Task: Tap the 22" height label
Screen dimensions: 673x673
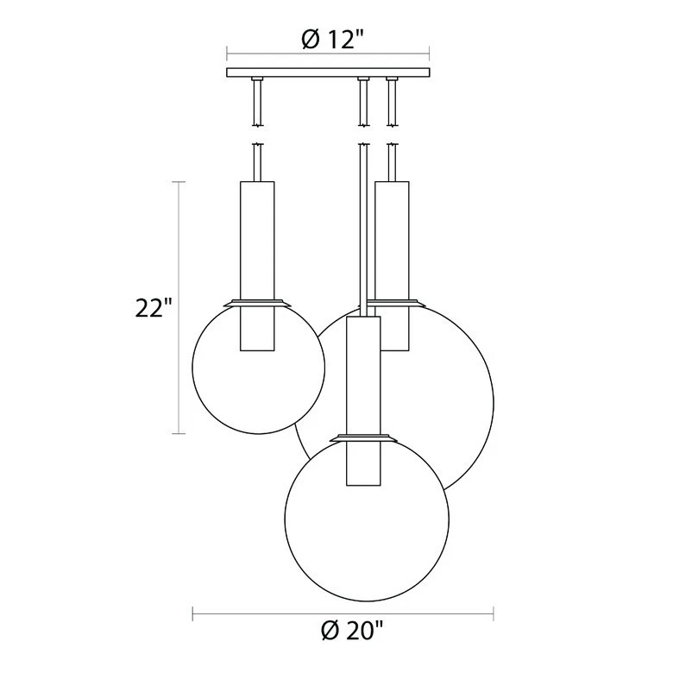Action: click(154, 308)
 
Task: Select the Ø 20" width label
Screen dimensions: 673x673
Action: click(343, 632)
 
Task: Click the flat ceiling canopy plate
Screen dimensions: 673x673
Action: click(328, 73)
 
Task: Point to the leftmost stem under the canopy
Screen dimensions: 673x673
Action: click(256, 102)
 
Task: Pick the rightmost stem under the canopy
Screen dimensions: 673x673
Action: click(393, 102)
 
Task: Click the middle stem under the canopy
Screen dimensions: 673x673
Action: click(363, 102)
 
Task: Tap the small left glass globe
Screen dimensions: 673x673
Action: click(257, 380)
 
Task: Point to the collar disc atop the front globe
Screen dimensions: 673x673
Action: click(362, 437)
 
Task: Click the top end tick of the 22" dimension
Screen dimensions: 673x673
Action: click(179, 182)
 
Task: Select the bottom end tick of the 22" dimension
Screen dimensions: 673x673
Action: click(179, 433)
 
